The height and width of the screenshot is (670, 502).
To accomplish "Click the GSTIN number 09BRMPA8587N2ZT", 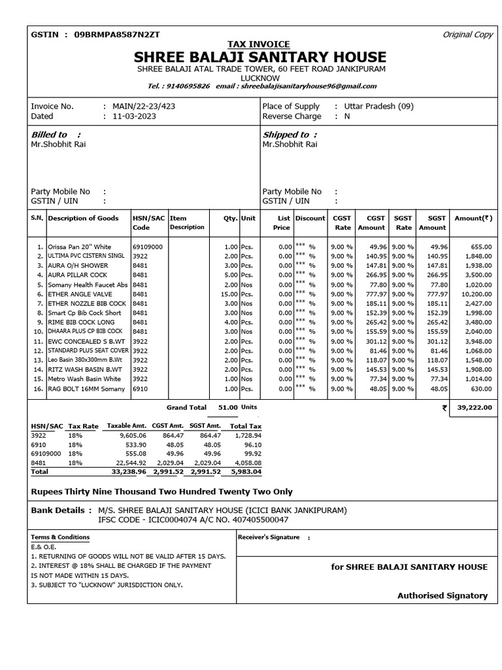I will (x=113, y=34).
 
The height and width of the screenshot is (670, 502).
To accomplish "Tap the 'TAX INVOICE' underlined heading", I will (x=260, y=44).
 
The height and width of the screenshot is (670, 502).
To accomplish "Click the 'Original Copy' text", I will (x=467, y=35).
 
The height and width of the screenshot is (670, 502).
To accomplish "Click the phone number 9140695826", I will (x=188, y=86).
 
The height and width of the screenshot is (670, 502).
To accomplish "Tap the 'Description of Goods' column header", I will (x=83, y=218).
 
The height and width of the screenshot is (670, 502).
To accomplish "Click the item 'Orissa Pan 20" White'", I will (x=79, y=247).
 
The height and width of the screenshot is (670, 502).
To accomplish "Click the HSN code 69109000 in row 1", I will (x=147, y=247).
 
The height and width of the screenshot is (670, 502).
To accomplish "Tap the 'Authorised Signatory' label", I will (x=442, y=595).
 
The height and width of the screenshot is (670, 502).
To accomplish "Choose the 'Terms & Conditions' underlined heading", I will (x=60, y=537).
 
